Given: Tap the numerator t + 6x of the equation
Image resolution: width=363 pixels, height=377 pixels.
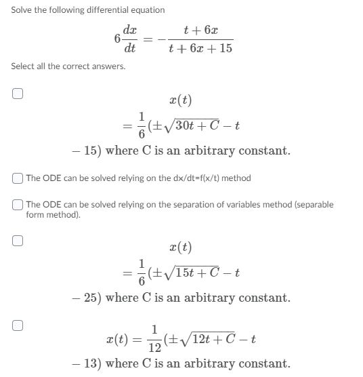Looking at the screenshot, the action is click(200, 31).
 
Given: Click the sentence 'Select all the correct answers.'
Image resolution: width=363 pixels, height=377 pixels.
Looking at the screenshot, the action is click(68, 66).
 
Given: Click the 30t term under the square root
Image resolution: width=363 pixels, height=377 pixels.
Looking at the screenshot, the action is click(181, 125).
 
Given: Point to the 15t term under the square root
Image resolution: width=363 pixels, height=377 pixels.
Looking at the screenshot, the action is click(181, 273).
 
